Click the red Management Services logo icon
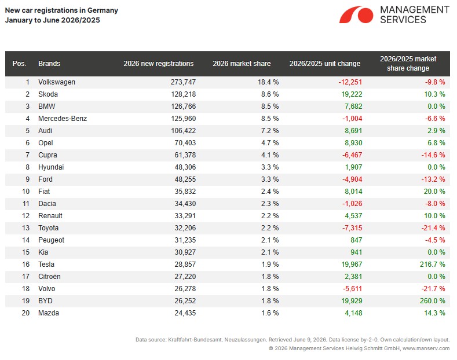point(356,14)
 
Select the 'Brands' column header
point(49,64)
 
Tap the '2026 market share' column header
point(242,64)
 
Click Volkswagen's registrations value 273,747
point(183,82)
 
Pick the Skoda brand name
point(48,94)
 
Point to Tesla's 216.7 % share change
point(432,265)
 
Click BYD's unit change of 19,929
point(352,301)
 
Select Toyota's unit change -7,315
point(352,228)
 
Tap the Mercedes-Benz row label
point(63,119)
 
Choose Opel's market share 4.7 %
point(270,143)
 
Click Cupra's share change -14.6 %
point(433,155)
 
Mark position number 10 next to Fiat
point(25,192)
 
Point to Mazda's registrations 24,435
point(185,313)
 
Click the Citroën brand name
point(49,277)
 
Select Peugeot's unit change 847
point(356,240)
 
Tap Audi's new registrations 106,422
point(183,131)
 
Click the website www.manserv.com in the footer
point(426,348)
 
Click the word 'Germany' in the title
point(103,10)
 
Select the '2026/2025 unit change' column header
point(325,64)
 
